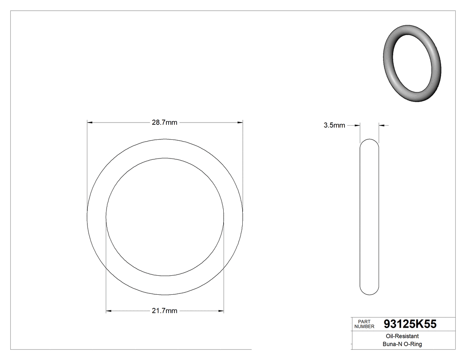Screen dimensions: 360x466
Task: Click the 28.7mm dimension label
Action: pyautogui.click(x=165, y=123)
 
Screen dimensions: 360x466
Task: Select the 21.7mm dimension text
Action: pyautogui.click(x=165, y=311)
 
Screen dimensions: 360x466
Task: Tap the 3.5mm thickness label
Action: pyautogui.click(x=334, y=126)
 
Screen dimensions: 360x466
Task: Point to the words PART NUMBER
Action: pyautogui.click(x=364, y=324)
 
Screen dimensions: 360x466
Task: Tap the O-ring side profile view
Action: pyautogui.click(x=369, y=217)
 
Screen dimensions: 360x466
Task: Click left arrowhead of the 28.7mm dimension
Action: pyautogui.click(x=90, y=122)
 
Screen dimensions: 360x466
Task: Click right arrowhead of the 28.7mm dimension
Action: pyautogui.click(x=240, y=122)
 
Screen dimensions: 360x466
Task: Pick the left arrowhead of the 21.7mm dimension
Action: pyautogui.click(x=109, y=310)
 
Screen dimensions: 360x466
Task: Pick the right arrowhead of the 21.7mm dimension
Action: pyautogui.click(x=221, y=310)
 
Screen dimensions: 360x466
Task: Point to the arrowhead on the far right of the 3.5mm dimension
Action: pyautogui.click(x=381, y=126)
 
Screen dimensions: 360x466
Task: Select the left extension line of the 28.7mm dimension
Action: pyautogui.click(x=87, y=169)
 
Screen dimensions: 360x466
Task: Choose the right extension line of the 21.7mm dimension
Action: pyautogui.click(x=224, y=266)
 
